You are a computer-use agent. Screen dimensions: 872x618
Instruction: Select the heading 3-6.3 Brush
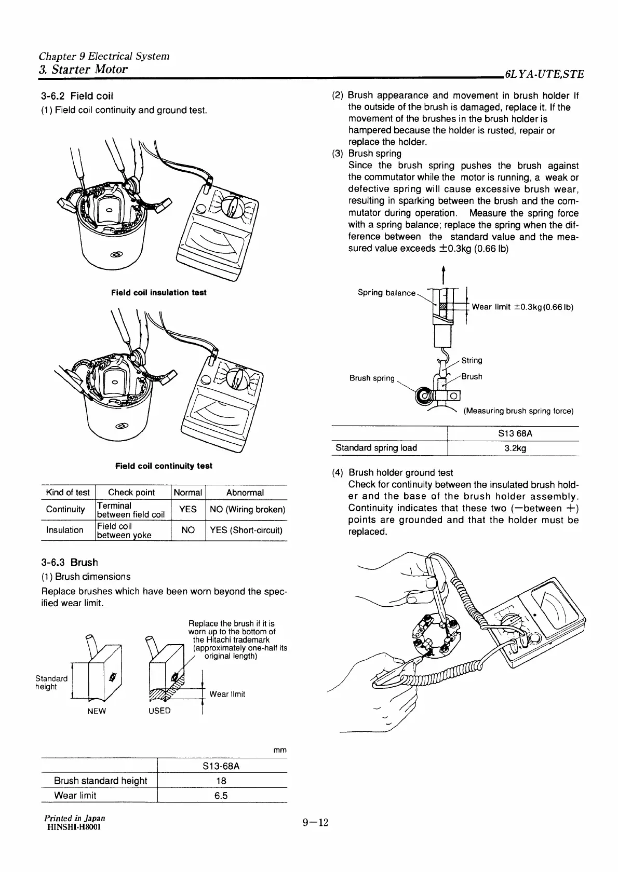pyautogui.click(x=69, y=562)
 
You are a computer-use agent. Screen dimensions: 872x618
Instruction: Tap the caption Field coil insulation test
pyautogui.click(x=159, y=293)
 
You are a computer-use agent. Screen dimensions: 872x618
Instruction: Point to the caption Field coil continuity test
pyautogui.click(x=164, y=466)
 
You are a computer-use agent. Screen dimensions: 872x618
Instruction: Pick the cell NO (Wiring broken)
pyautogui.click(x=247, y=509)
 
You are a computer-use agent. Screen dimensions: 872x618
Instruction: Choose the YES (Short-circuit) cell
pyautogui.click(x=246, y=530)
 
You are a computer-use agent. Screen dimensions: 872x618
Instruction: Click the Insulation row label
pyautogui.click(x=65, y=530)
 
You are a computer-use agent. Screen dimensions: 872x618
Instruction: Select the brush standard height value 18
pyautogui.click(x=221, y=781)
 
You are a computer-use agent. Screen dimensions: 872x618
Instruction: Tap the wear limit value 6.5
pyautogui.click(x=221, y=796)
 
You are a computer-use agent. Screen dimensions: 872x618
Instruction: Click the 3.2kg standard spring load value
pyautogui.click(x=515, y=448)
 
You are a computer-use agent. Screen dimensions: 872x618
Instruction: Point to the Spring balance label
pyautogui.click(x=386, y=293)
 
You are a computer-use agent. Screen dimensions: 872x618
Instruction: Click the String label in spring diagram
pyautogui.click(x=472, y=360)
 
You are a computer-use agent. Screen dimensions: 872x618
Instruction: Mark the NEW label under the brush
pyautogui.click(x=97, y=711)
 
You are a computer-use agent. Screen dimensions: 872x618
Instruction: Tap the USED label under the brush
pyautogui.click(x=159, y=711)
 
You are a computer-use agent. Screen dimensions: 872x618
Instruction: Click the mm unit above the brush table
pyautogui.click(x=280, y=751)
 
